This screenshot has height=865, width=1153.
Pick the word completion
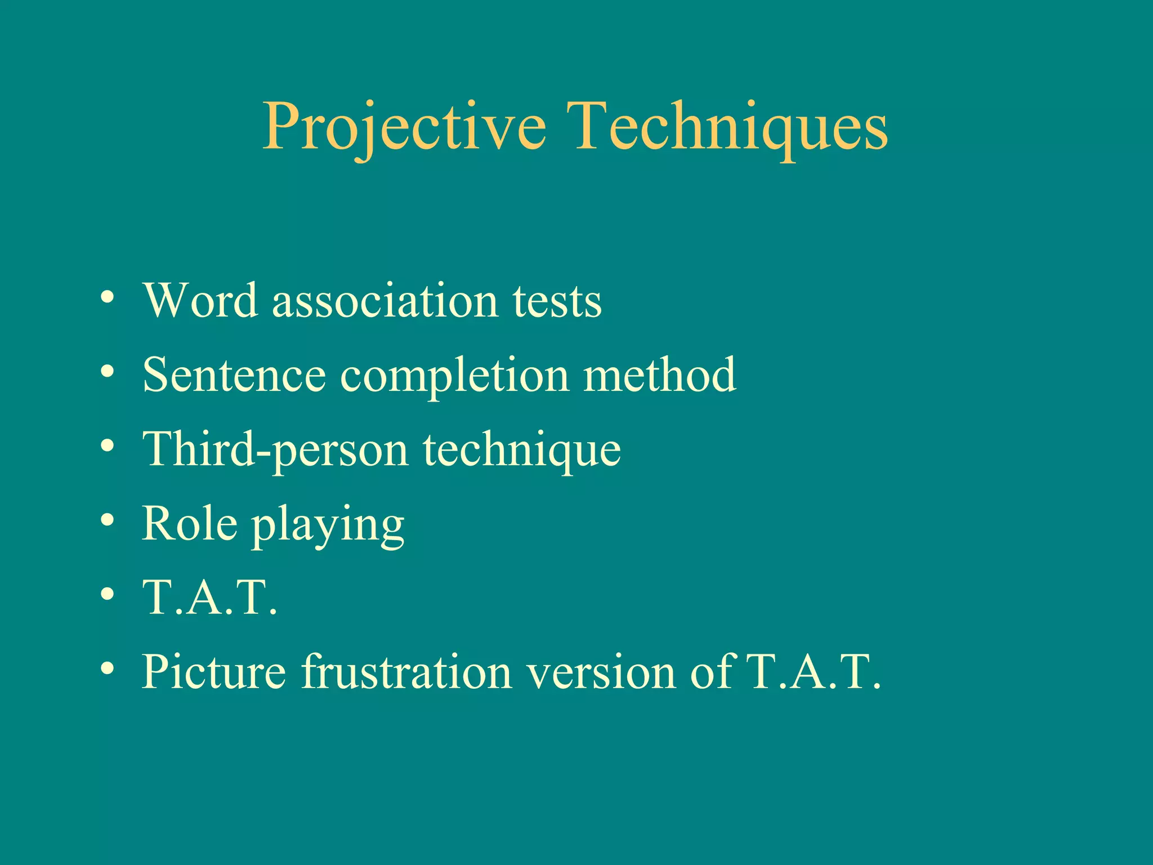pos(455,376)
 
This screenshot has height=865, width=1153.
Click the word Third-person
pos(275,449)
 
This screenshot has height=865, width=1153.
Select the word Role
pos(189,524)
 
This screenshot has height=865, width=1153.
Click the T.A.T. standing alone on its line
pos(210,598)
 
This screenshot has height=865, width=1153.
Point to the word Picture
pos(214,671)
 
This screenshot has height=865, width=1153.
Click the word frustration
pos(406,671)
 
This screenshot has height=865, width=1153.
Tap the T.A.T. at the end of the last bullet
pos(813,671)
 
